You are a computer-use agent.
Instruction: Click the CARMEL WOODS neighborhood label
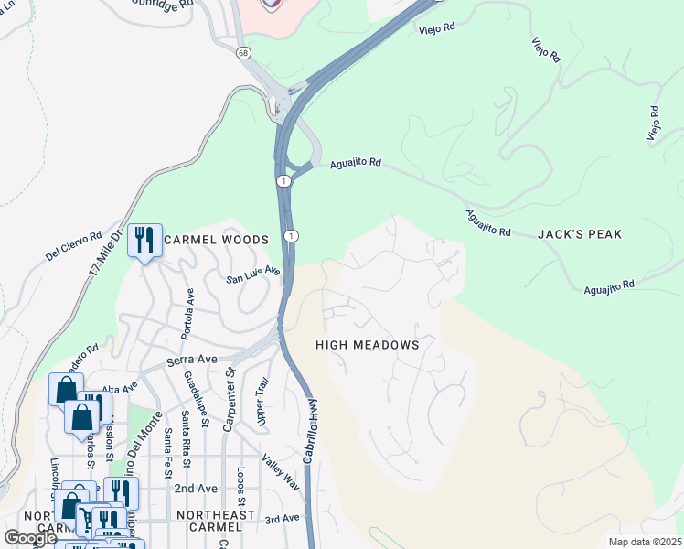pos(216,240)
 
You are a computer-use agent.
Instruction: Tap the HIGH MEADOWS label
pos(367,345)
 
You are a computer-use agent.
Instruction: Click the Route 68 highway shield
pos(242,54)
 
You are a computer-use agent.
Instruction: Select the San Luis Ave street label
pos(253,274)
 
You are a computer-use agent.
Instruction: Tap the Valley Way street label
pos(281,471)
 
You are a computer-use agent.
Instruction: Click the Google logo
pos(31,538)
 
